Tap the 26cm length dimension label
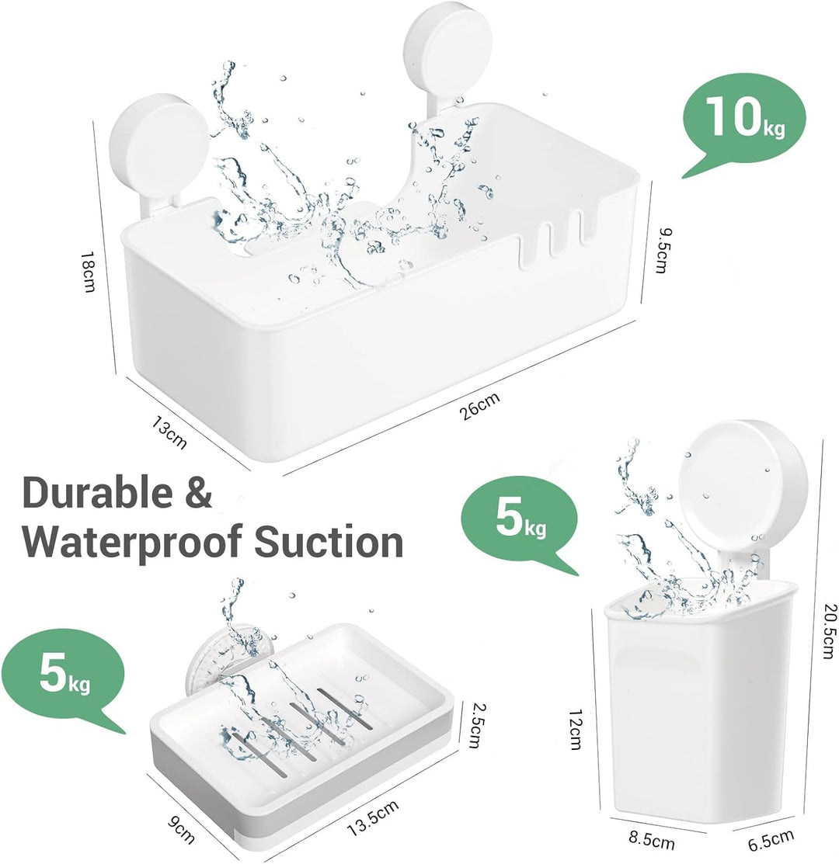[x=481, y=405]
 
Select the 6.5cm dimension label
[x=771, y=840]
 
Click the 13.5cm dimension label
[x=373, y=818]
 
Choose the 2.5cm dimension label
[x=474, y=724]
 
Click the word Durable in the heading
[x=98, y=493]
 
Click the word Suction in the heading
[x=329, y=542]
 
